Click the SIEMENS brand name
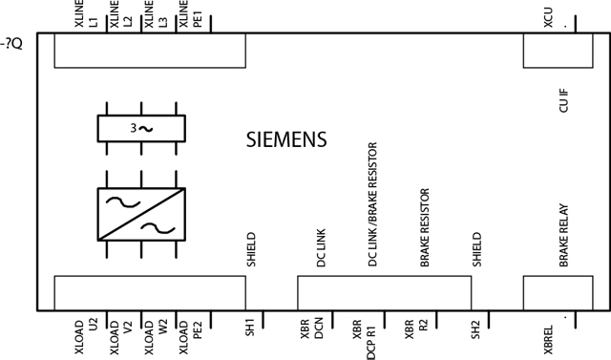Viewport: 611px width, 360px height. pos(286,139)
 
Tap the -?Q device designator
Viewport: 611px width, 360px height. pos(11,42)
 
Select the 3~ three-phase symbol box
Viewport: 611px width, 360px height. pos(140,128)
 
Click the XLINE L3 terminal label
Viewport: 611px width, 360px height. pos(155,18)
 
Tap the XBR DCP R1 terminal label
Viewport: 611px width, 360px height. pos(364,336)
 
